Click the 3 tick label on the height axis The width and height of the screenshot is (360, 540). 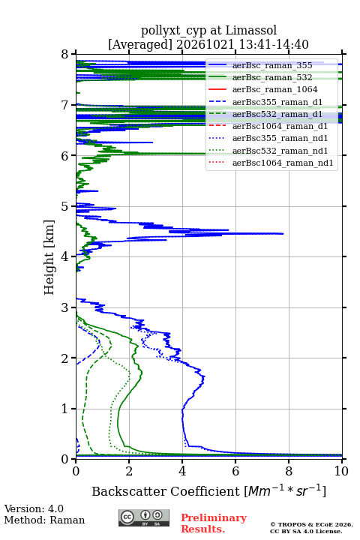click(x=64, y=307)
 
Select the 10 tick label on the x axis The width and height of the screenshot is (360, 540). click(x=341, y=471)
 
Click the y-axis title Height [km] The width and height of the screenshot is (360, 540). click(x=49, y=257)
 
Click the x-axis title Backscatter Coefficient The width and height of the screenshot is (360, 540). click(x=166, y=491)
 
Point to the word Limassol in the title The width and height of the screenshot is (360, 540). click(x=250, y=31)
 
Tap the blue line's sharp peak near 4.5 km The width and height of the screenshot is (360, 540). click(x=283, y=233)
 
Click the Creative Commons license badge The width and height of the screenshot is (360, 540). click(x=144, y=517)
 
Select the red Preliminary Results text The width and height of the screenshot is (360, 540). click(x=214, y=523)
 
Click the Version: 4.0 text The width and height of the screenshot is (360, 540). click(x=34, y=509)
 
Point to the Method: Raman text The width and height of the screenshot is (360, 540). click(x=44, y=520)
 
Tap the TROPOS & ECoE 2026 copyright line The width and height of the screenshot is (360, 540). click(x=311, y=524)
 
